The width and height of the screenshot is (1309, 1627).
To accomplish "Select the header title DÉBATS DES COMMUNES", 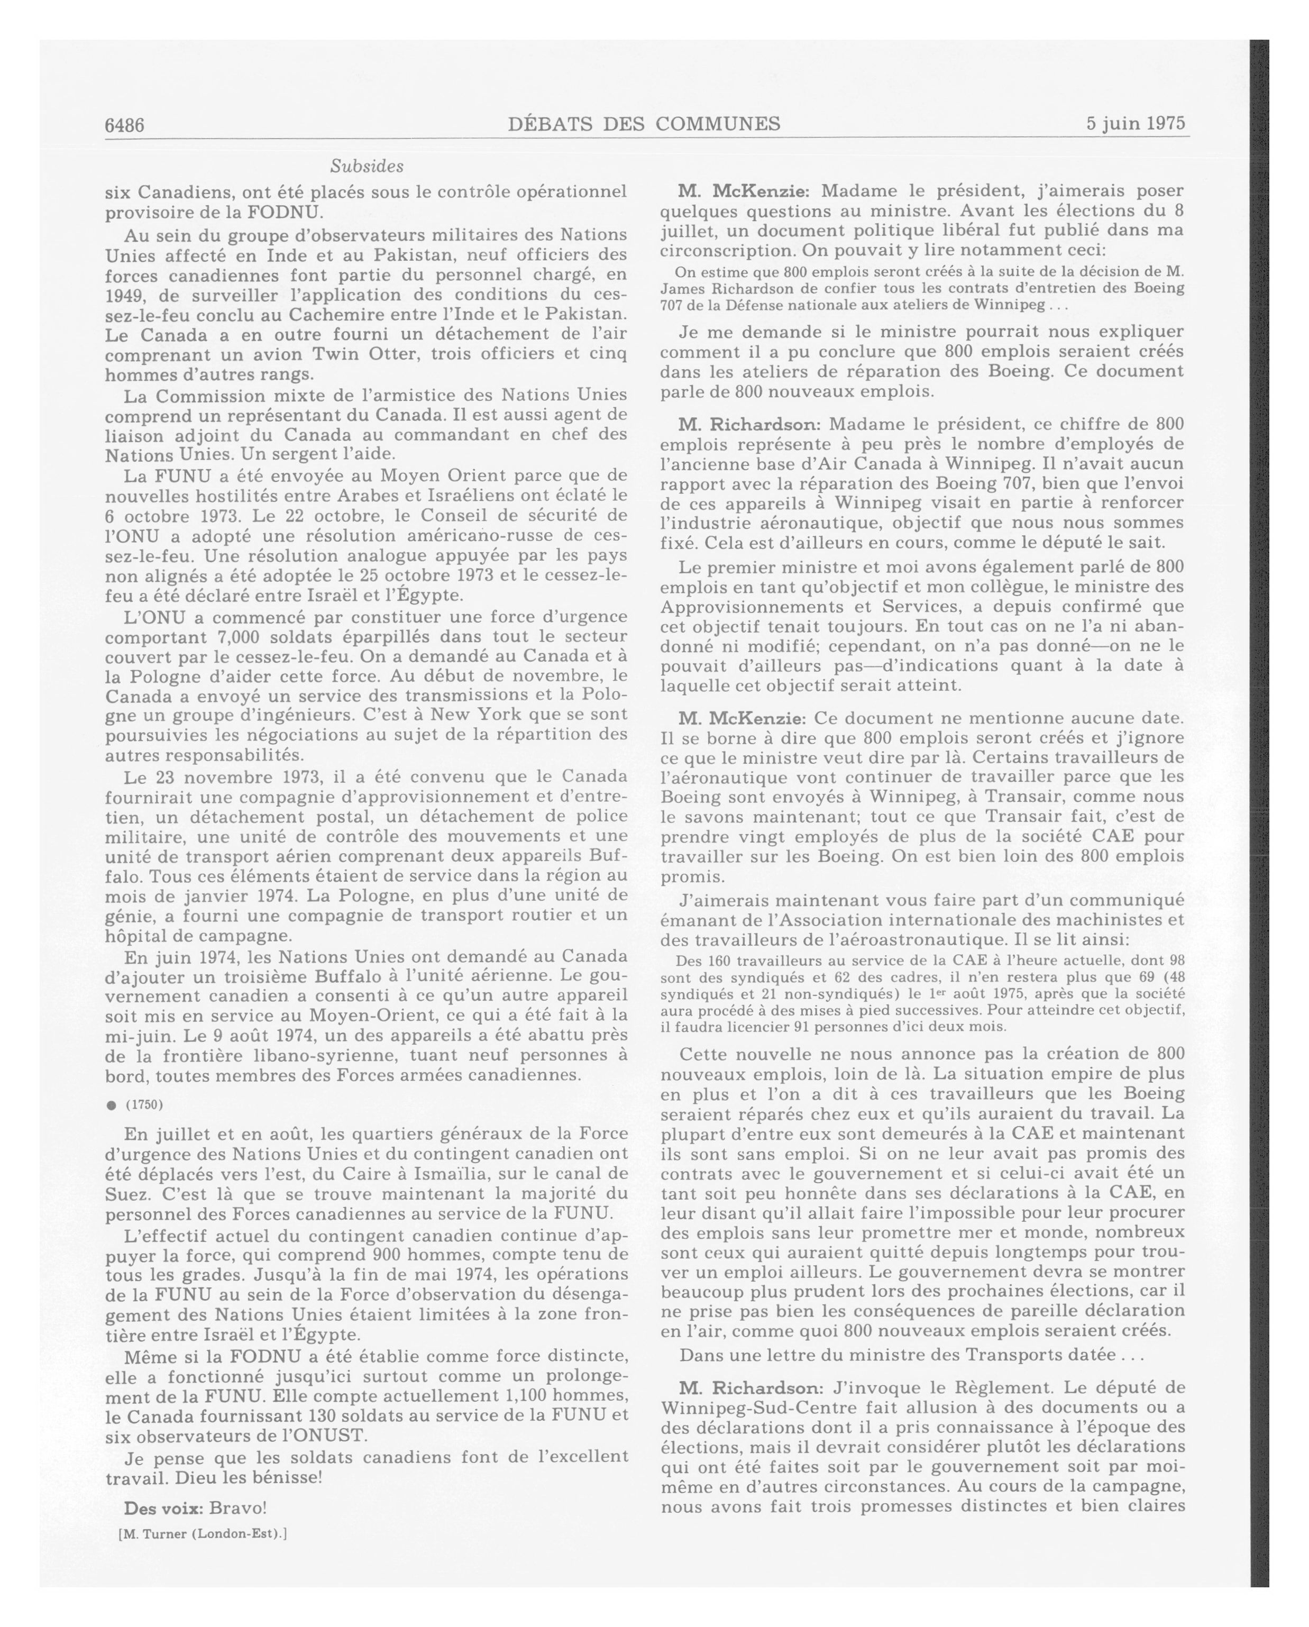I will click(x=644, y=124).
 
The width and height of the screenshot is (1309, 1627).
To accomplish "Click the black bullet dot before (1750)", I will click(x=112, y=1105).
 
